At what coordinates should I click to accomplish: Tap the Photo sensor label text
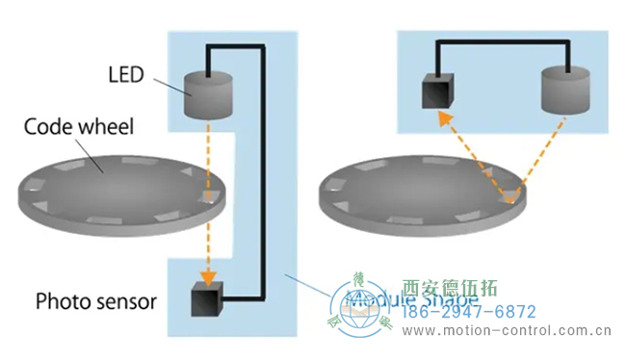click(95, 301)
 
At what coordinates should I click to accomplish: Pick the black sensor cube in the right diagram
click(438, 92)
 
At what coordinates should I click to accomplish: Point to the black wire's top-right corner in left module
click(261, 46)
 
